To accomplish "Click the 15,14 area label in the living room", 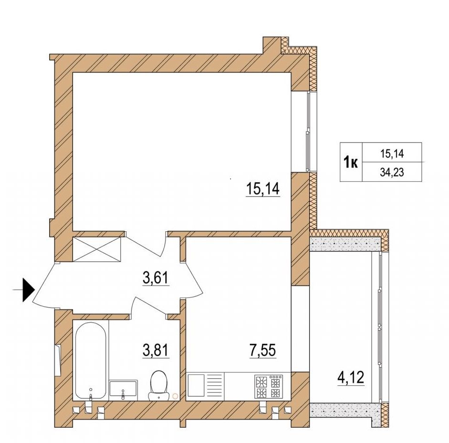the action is click(x=262, y=189).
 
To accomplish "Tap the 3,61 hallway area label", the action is click(x=156, y=278).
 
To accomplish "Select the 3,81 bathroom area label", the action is click(x=156, y=350).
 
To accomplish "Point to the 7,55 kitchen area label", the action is click(x=262, y=350).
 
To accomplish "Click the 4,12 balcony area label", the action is click(x=351, y=378).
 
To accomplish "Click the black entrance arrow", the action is click(x=29, y=290).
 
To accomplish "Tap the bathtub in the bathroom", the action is click(x=91, y=361).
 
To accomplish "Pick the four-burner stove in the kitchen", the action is click(x=269, y=386).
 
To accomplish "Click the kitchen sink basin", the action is click(x=196, y=385).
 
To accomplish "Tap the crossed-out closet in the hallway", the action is click(x=97, y=249).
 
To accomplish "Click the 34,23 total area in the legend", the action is click(x=392, y=172).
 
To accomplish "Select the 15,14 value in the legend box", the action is click(x=392, y=154).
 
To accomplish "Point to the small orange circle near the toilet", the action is click(x=175, y=396).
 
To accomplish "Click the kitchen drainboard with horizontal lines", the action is click(x=214, y=385).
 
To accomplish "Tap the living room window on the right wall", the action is click(x=308, y=132).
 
